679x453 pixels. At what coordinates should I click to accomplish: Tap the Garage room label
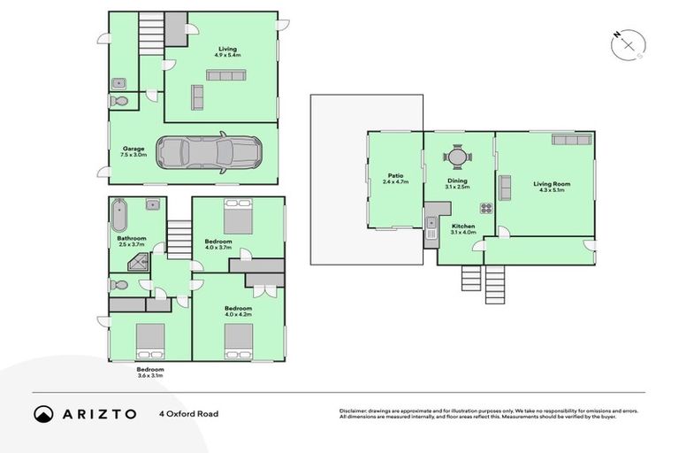(134, 151)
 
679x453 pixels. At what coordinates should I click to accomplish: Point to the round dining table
(457, 157)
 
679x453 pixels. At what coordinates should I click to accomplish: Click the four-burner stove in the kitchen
(485, 209)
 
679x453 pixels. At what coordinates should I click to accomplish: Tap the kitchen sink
(431, 223)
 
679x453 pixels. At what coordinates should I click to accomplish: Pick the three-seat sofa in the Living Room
(571, 139)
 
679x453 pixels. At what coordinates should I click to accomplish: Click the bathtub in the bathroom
(119, 213)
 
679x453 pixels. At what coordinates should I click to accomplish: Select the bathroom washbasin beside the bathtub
(152, 205)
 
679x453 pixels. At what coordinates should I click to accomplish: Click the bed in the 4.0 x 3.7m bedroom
(238, 217)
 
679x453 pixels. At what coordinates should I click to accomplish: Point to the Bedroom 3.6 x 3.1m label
(149, 372)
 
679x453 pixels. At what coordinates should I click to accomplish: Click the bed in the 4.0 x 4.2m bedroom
(239, 339)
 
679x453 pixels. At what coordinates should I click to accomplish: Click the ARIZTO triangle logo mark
(43, 414)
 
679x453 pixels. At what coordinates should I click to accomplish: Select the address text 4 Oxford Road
(188, 414)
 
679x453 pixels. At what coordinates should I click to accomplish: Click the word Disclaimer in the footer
(354, 411)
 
